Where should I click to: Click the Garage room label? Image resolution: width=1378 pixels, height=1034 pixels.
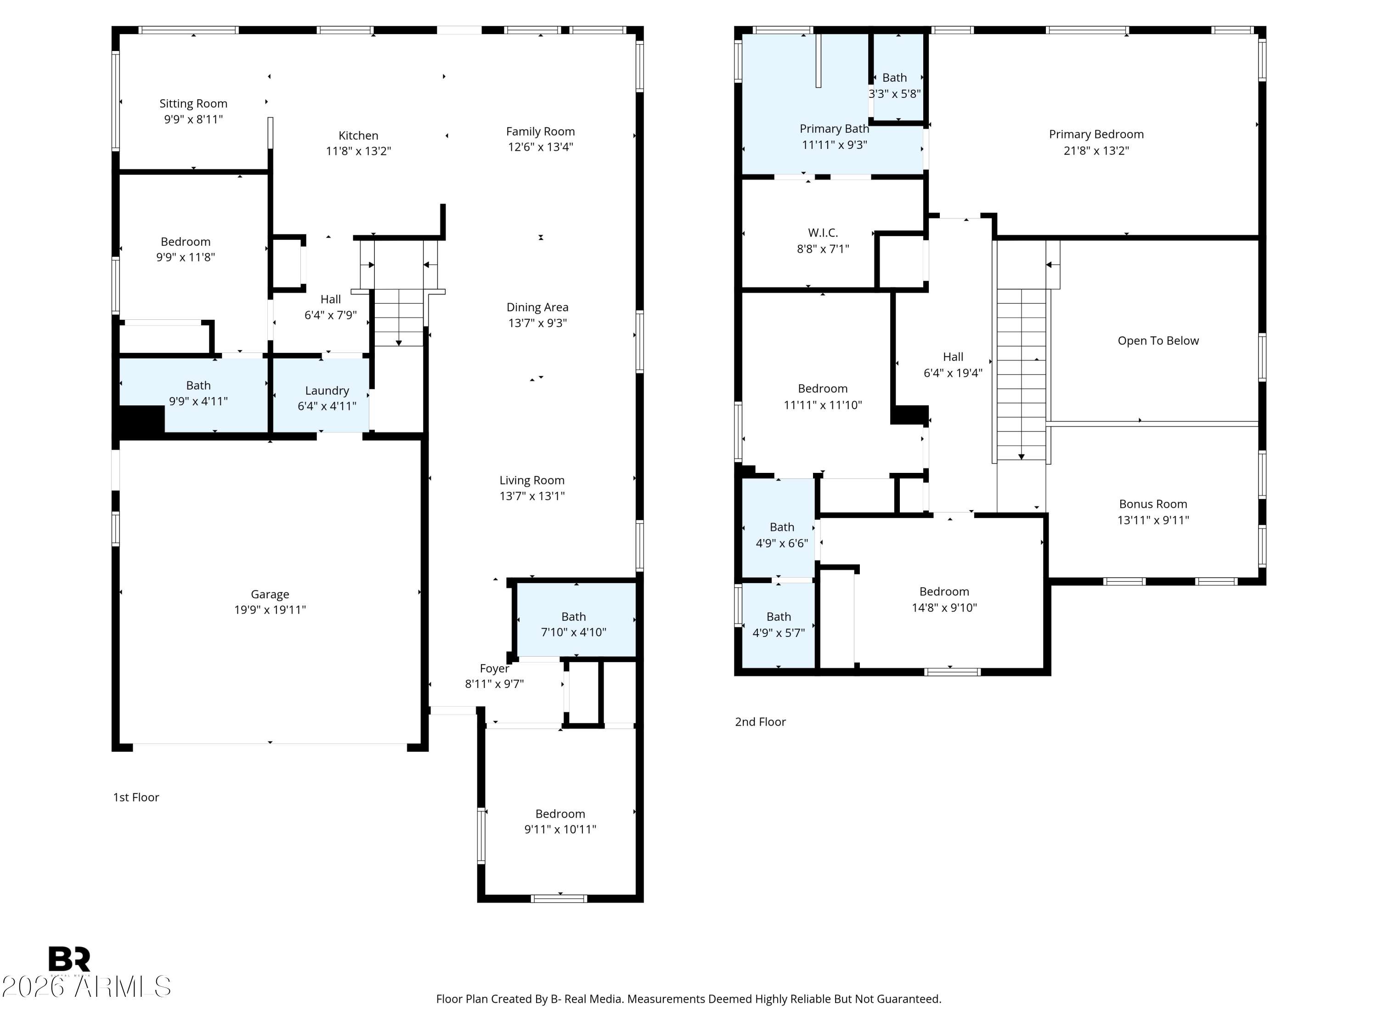pos(270,595)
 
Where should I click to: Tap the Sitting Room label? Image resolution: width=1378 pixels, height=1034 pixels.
pos(193,103)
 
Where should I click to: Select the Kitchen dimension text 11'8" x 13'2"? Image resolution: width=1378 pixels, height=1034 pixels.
pos(358,151)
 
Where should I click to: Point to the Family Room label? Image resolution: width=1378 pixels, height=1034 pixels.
pos(540,131)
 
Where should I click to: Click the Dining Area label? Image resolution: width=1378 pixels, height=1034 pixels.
pos(537,307)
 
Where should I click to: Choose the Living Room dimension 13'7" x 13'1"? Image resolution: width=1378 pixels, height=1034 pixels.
pos(532,496)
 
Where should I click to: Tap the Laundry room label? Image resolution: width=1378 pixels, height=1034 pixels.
pos(327,391)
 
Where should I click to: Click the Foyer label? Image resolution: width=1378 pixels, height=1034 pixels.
pos(495,669)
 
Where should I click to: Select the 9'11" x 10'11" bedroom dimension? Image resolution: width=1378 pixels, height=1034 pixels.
pos(560,829)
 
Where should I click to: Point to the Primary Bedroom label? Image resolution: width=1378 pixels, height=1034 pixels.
pos(1096,134)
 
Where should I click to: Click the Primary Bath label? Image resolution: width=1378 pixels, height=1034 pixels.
pos(834,129)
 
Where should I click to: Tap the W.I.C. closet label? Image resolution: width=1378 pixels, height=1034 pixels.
pos(823,233)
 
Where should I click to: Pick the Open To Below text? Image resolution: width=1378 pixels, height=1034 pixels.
pos(1158,341)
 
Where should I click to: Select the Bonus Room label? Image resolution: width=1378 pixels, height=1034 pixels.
pos(1153,504)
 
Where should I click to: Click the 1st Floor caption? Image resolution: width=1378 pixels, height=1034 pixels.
pos(136,797)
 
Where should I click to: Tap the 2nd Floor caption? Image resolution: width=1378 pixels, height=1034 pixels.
pos(761,722)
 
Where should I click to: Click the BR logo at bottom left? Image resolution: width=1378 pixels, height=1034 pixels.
pos(69,959)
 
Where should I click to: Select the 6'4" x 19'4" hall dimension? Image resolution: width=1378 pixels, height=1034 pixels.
pos(953,373)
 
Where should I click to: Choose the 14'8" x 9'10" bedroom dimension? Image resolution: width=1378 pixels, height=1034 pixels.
pos(944,608)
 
